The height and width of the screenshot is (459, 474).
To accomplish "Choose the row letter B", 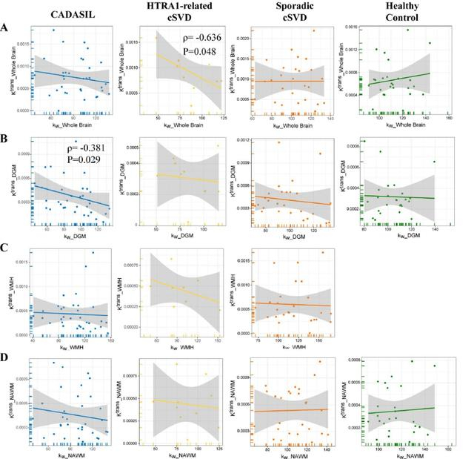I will (x=6, y=137).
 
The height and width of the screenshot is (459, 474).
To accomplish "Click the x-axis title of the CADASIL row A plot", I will (x=73, y=125).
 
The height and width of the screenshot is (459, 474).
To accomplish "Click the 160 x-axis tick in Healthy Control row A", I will (x=449, y=117).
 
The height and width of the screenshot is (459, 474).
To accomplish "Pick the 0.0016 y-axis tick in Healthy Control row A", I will (x=358, y=27).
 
